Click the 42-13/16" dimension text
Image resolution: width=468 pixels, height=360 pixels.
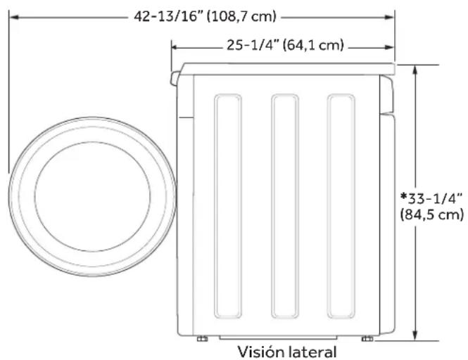[x=167, y=15]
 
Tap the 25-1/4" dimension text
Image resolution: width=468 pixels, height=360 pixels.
[x=253, y=46]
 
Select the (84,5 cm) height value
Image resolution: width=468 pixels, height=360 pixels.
[x=431, y=214]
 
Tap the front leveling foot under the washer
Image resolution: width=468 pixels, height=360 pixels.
[x=202, y=339]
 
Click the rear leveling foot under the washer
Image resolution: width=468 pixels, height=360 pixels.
[x=367, y=339]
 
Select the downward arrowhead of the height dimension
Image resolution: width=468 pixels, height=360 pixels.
[x=417, y=335]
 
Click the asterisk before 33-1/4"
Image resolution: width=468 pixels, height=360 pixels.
[x=403, y=196]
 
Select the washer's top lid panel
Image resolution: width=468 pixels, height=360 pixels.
[x=285, y=68]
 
